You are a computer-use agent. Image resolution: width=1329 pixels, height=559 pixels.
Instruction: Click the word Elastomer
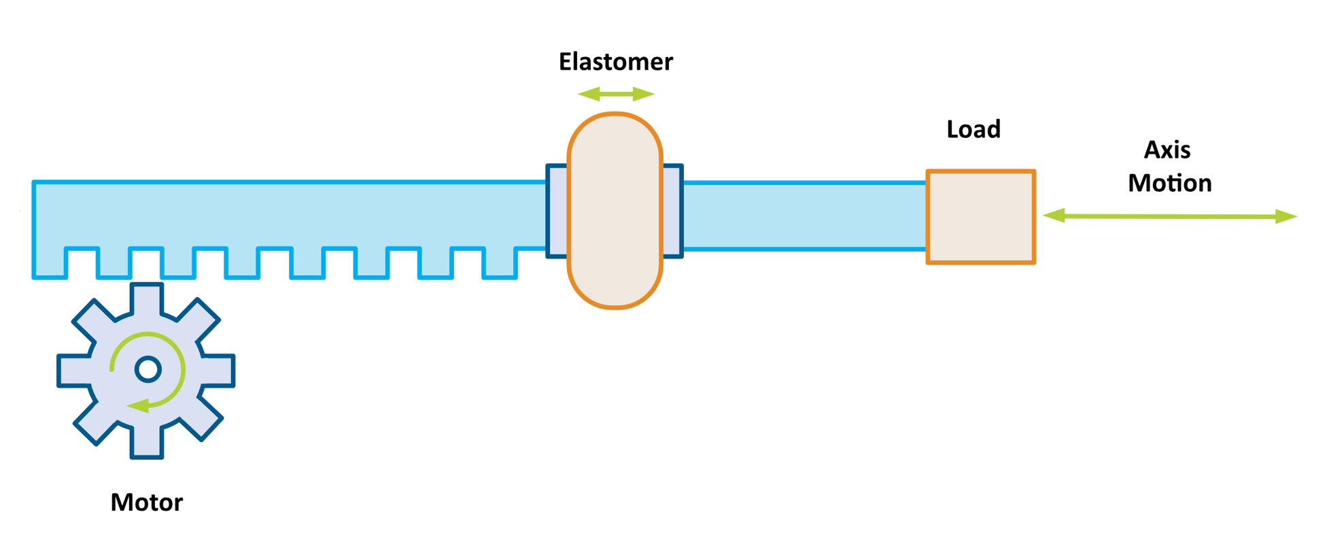[615, 62]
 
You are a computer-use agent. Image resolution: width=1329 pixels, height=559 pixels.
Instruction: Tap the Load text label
[973, 129]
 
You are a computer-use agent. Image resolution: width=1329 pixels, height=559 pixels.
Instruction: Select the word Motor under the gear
[146, 503]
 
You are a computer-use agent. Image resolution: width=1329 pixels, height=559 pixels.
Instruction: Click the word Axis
[1167, 150]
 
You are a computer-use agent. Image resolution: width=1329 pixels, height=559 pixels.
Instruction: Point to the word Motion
[1169, 183]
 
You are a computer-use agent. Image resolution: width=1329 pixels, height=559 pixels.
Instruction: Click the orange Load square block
[980, 217]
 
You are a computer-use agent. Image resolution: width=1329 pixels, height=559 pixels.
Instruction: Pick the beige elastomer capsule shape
[615, 211]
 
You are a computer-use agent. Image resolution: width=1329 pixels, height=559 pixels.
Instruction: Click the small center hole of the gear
[148, 369]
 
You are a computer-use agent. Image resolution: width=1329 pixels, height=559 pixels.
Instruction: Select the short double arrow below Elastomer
[616, 94]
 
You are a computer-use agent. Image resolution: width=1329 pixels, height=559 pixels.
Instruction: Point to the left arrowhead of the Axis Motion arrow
[1054, 216]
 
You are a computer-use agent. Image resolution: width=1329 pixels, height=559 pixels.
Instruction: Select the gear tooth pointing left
[73, 371]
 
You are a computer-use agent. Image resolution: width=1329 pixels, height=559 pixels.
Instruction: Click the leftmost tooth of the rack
[50, 262]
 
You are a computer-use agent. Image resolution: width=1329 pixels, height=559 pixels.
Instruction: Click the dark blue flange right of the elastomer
[672, 211]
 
